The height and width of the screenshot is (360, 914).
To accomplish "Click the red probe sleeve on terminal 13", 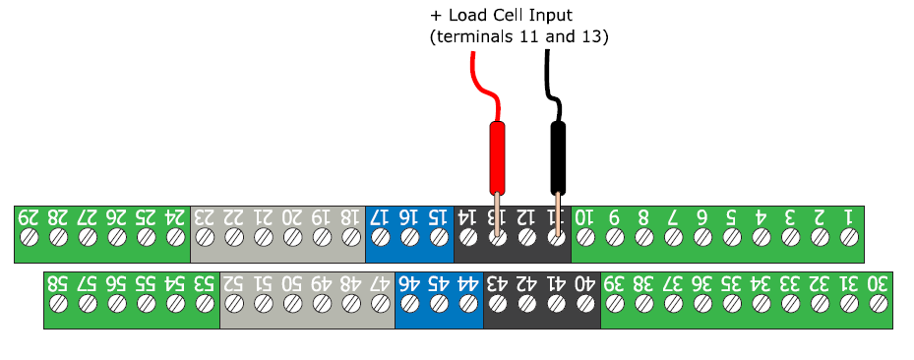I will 497,157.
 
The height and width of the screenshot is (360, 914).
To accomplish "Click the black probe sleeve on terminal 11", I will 558,157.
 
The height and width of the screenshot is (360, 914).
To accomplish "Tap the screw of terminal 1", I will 848,237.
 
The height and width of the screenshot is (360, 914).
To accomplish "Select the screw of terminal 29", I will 29,237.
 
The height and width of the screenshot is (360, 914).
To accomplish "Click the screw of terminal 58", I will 58,305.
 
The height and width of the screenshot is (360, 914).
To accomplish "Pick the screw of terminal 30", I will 878,305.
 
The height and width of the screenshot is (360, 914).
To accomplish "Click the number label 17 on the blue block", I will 380,215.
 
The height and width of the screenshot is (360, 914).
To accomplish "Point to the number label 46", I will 409,283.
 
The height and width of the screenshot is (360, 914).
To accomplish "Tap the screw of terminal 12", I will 526,237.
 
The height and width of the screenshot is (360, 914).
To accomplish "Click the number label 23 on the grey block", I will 205,215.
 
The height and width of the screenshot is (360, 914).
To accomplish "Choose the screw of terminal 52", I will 234,305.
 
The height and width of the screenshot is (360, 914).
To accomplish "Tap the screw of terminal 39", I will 614,305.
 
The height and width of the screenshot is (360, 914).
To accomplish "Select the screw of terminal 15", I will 439,237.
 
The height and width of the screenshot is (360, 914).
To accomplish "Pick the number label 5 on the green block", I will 731,215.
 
